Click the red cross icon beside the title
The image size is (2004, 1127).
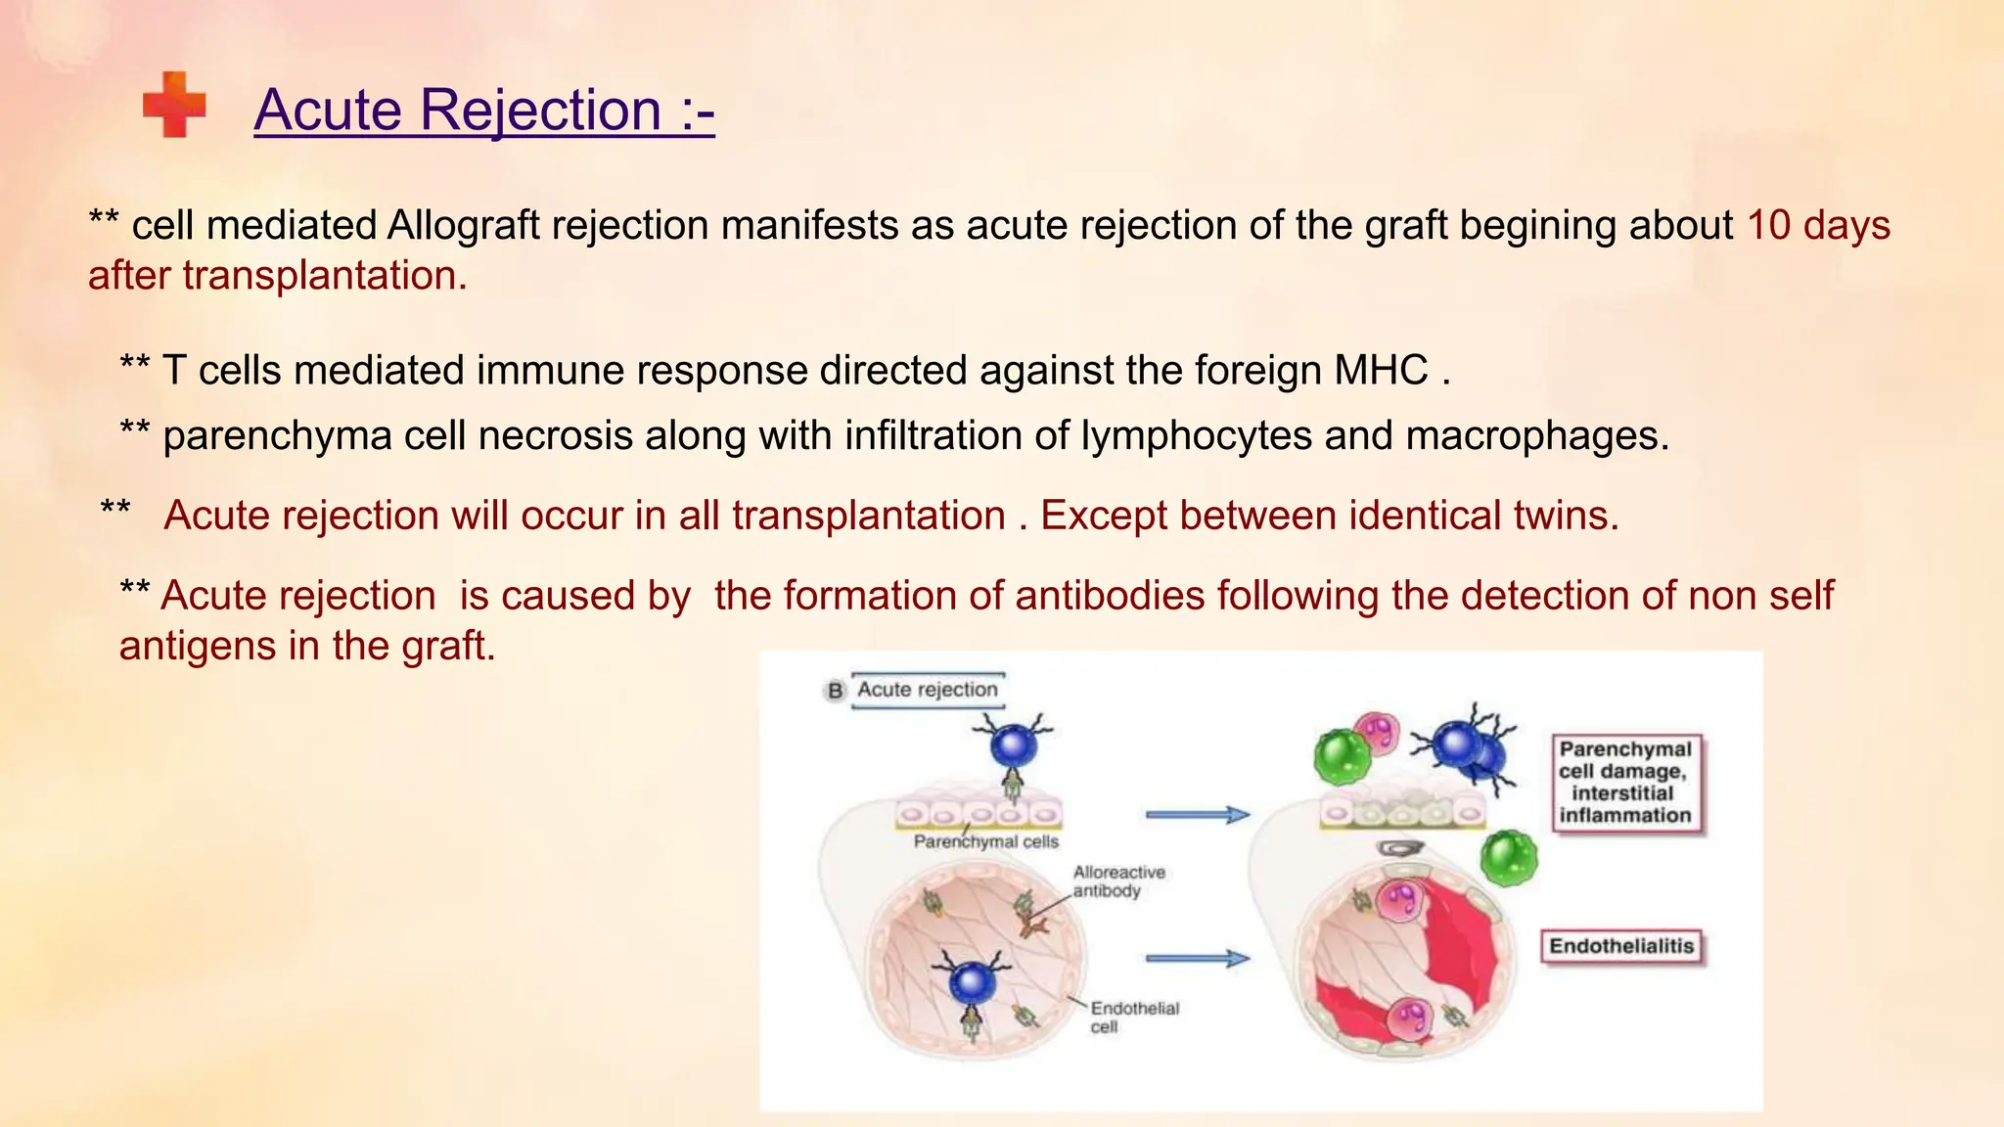point(174,105)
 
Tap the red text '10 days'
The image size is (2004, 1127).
point(1818,225)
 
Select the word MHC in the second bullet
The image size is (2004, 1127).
point(1381,371)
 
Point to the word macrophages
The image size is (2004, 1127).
point(1536,435)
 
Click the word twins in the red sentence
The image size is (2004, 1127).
point(1566,516)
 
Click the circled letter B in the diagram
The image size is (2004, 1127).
point(835,691)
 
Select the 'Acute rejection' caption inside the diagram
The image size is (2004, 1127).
point(928,690)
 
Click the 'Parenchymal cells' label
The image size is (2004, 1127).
point(985,841)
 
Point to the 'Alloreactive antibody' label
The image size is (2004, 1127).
point(1118,881)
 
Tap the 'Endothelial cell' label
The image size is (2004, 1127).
point(1134,1017)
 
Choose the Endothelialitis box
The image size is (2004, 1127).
point(1620,946)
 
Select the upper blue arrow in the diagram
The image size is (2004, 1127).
point(1197,814)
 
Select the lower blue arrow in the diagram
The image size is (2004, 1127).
point(1197,959)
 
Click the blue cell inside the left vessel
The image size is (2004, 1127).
point(972,981)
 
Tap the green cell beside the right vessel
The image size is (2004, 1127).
point(1508,857)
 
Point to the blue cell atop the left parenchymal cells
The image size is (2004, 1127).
point(1013,745)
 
